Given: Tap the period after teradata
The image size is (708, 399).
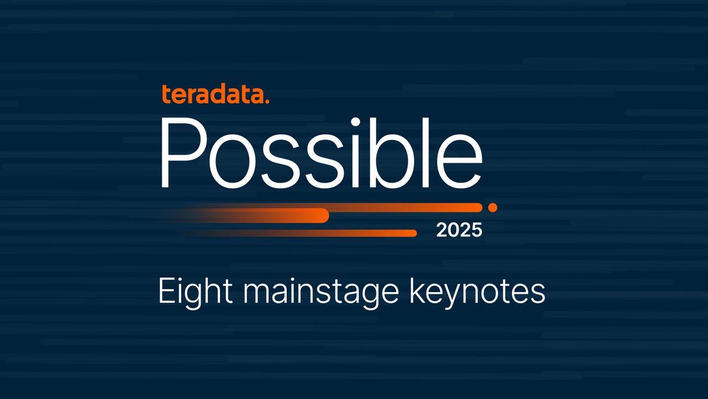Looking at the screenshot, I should pos(267,102).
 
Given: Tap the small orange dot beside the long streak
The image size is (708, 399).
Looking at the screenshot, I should pos(493,207).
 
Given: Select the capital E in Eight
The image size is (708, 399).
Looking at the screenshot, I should pos(166,293).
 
